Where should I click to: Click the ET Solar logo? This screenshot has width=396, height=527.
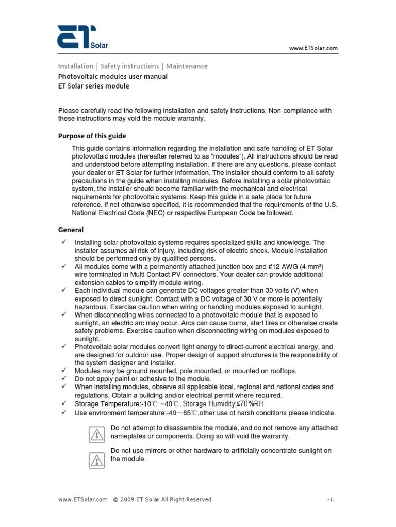(x=82, y=38)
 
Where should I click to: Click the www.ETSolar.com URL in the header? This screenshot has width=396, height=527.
(x=313, y=48)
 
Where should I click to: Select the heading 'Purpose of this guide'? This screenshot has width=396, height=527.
(x=92, y=136)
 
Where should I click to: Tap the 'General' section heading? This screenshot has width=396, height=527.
(x=71, y=230)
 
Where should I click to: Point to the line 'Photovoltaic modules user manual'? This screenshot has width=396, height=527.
(x=112, y=76)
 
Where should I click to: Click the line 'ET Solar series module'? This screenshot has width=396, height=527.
(x=93, y=86)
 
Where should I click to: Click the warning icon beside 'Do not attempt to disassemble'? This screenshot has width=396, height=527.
(x=96, y=435)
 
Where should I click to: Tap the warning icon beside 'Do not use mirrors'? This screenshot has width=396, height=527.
(x=96, y=459)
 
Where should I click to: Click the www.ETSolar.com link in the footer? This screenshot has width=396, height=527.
(x=82, y=499)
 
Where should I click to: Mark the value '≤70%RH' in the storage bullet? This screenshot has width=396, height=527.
(x=250, y=405)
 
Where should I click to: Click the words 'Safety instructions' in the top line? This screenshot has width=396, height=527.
(x=129, y=66)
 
